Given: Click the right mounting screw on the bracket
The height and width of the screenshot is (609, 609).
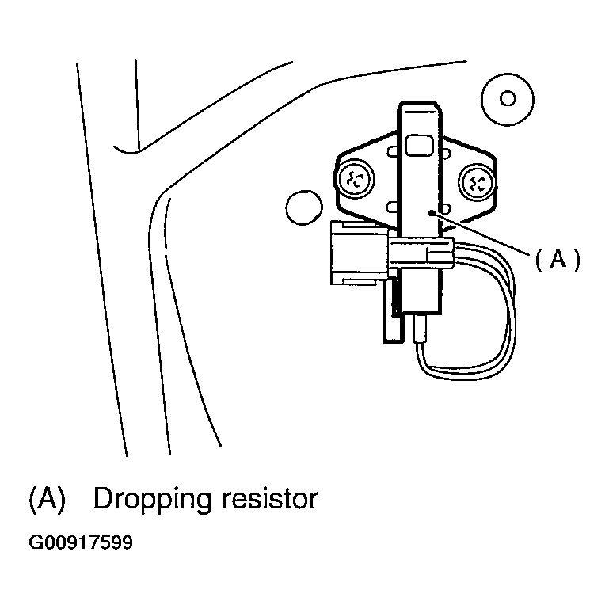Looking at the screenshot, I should point(478,183).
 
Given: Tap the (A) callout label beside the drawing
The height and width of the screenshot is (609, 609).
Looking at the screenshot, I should point(558,259).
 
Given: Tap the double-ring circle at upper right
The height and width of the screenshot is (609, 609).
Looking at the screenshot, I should point(508,98).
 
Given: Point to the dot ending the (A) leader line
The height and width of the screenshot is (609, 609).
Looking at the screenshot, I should point(428,212).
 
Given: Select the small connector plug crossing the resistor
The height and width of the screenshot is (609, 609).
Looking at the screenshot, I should point(419,253).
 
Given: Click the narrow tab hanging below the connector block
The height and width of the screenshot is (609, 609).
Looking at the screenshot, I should point(389,313).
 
